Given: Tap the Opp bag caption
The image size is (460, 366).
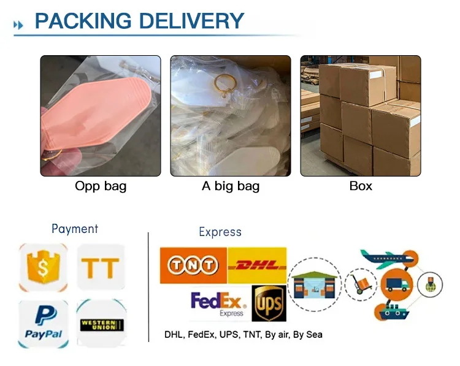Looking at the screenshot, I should click(101, 186).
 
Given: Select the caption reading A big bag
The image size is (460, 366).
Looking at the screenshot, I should click(231, 186).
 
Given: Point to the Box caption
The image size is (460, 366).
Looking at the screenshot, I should click(361, 186).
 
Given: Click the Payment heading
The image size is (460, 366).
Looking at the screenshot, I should click(75, 229).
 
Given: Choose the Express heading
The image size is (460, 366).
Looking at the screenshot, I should click(220, 232).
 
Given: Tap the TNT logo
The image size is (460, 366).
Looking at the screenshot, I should click(193, 265).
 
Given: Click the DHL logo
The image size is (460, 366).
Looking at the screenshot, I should click(257, 265).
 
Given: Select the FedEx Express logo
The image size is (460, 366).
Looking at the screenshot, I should click(218, 303).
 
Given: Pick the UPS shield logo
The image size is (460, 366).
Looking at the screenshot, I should click(269, 303).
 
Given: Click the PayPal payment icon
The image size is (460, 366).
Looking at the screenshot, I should click(43, 322).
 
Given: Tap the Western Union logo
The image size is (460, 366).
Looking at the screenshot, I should click(101, 323).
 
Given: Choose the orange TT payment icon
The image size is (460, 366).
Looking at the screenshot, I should click(101, 267).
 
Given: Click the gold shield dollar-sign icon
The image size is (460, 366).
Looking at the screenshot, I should click(43, 267).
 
